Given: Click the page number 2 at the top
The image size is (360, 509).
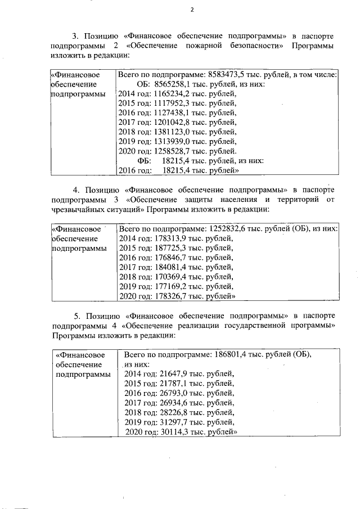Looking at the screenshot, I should (x=192, y=10).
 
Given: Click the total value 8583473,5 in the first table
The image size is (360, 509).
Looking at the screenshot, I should (x=227, y=74).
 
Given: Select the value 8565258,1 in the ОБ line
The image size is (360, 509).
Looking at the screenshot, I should (x=165, y=84).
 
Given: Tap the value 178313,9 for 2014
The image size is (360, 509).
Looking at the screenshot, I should (x=169, y=238).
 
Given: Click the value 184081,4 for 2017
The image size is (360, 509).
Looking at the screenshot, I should (x=169, y=267).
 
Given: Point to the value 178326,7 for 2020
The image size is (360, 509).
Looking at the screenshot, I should (x=169, y=296).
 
